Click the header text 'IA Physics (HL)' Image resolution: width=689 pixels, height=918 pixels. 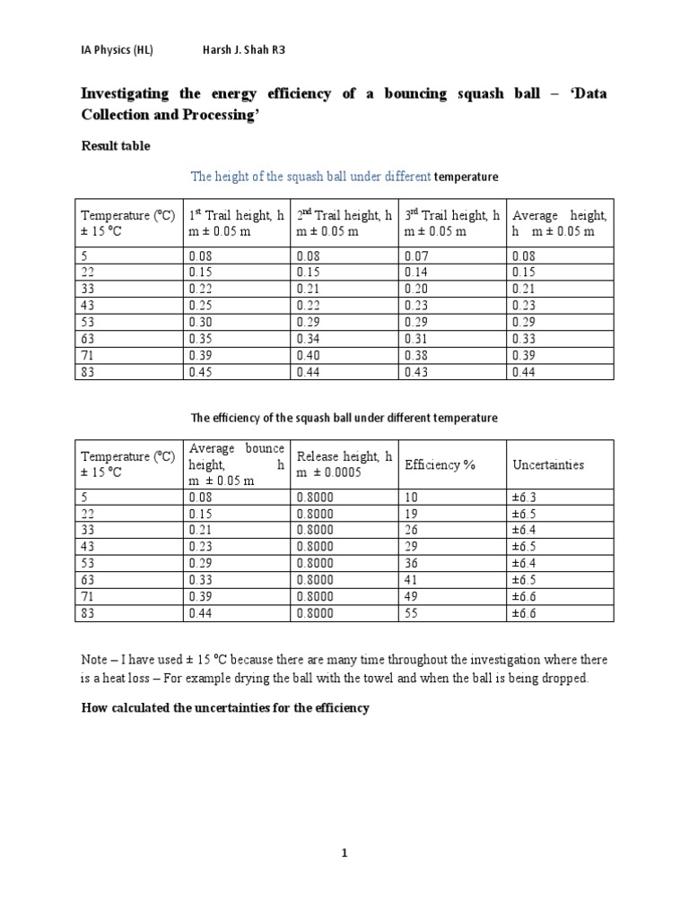click(117, 50)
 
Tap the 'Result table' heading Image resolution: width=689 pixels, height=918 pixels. click(116, 145)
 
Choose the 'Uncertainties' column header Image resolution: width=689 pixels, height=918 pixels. click(547, 464)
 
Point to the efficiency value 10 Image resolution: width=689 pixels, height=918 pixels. click(412, 496)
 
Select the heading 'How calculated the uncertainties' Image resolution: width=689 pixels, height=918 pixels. click(225, 708)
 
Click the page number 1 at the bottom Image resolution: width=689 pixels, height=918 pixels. click(344, 854)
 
